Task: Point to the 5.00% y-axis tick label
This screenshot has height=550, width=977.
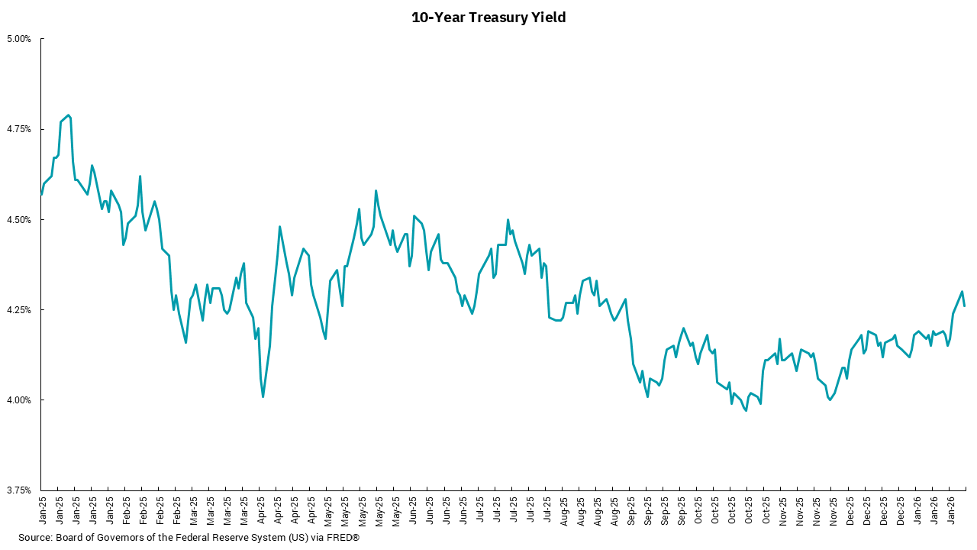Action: [x=19, y=39]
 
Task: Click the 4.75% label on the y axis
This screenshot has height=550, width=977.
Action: [x=19, y=129]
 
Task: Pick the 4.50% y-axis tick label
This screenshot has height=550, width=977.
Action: [x=19, y=219]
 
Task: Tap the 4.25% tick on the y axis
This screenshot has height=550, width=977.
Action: [x=19, y=310]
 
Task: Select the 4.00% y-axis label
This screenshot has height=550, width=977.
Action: [x=19, y=400]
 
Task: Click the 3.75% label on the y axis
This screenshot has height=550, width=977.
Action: [x=19, y=490]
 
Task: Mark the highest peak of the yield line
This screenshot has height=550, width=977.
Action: [x=69, y=115]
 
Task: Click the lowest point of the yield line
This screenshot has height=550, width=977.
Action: [x=746, y=411]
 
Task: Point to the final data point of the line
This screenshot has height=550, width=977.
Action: [x=965, y=306]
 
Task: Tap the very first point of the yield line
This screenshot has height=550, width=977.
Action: [x=41, y=194]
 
